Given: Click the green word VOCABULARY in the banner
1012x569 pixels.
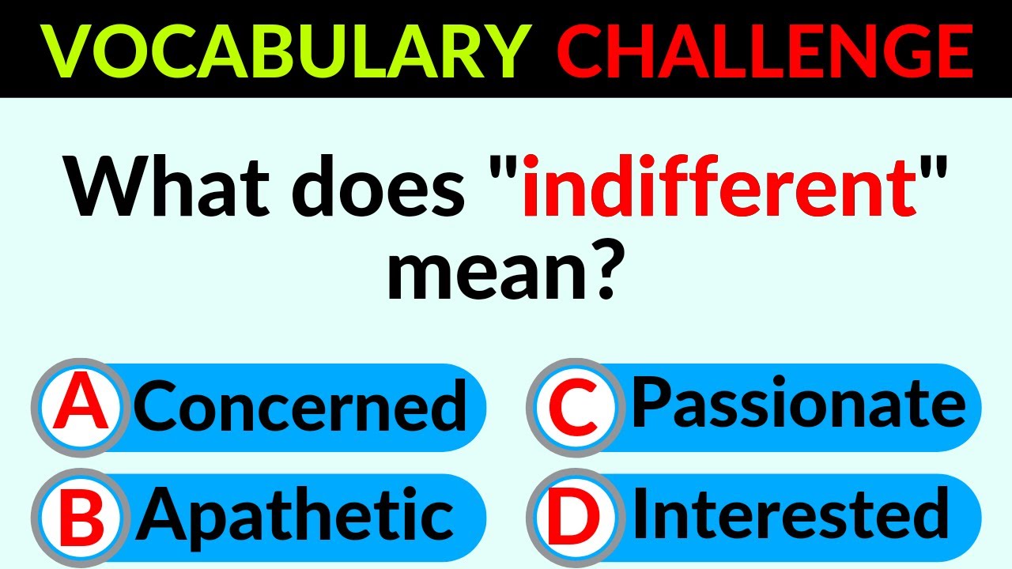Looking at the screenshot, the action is coord(285,51).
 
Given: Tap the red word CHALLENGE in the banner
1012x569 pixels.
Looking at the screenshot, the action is coord(765,51).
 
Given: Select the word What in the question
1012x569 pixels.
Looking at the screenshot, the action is coord(166,186).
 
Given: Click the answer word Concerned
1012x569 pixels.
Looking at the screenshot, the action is coord(300,405).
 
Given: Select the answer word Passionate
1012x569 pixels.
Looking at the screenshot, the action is coord(799,402).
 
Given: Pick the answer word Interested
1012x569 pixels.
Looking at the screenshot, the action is coord(791,514).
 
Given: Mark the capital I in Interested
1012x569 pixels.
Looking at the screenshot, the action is coord(641,513).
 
